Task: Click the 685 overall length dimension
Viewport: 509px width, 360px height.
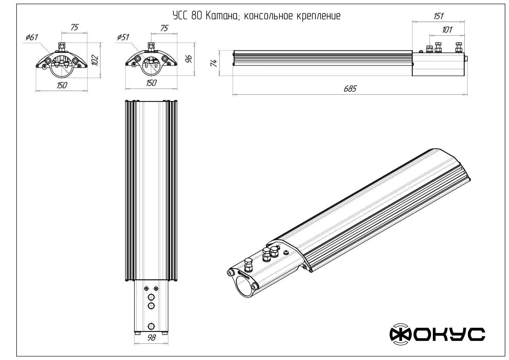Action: pyautogui.click(x=350, y=89)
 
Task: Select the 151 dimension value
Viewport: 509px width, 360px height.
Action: pyautogui.click(x=438, y=16)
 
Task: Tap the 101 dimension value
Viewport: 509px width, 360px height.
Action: pyautogui.click(x=447, y=30)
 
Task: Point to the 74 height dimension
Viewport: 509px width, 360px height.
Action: pyautogui.click(x=214, y=63)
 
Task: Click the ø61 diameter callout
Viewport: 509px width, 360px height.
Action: pyautogui.click(x=32, y=37)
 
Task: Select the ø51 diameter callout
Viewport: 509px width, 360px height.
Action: pyautogui.click(x=123, y=37)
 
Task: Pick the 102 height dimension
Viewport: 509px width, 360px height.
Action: pyautogui.click(x=95, y=60)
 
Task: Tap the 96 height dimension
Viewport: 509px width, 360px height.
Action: pyautogui.click(x=188, y=59)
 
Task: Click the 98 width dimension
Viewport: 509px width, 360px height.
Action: pyautogui.click(x=152, y=338)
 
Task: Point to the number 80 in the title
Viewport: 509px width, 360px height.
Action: pyautogui.click(x=197, y=16)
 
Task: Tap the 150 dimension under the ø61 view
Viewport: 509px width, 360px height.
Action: pyautogui.click(x=62, y=85)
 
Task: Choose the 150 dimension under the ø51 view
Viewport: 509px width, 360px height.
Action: pyautogui.click(x=151, y=83)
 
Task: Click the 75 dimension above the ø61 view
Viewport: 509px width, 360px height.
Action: pyautogui.click(x=74, y=27)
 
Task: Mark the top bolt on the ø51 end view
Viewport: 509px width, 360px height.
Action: pyautogui.click(x=150, y=47)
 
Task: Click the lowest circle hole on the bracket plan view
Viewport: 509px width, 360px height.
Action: pyautogui.click(x=151, y=326)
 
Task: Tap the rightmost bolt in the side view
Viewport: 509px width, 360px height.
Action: pyautogui.click(x=459, y=47)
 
